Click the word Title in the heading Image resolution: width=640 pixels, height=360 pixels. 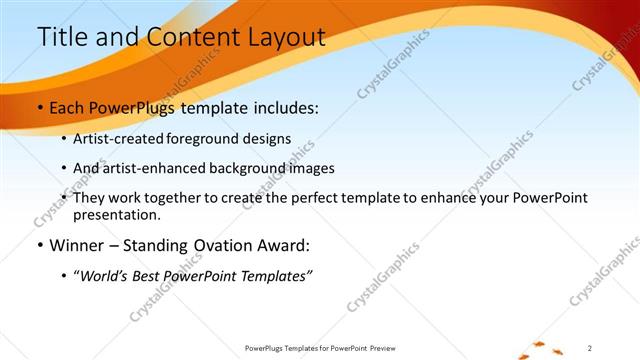(62, 37)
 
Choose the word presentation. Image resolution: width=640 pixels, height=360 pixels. (116, 214)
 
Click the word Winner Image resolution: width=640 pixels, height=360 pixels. (76, 245)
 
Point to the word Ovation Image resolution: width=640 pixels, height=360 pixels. (226, 245)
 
